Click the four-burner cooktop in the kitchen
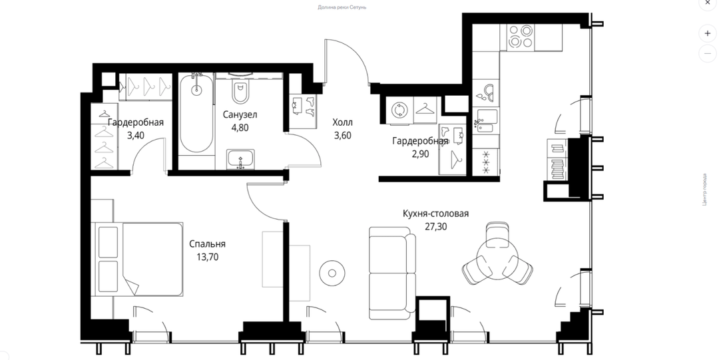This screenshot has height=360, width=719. [521, 36]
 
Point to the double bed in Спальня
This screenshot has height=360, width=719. [139, 259]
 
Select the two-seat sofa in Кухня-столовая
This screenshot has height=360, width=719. [393, 273]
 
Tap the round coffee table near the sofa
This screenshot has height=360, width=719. [332, 273]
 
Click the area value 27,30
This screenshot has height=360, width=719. [435, 226]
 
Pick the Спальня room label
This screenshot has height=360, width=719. [207, 244]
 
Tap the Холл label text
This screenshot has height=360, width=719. [343, 122]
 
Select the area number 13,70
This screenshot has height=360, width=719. [207, 258]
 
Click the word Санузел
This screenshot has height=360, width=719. [240, 114]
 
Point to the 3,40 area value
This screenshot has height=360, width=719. [136, 136]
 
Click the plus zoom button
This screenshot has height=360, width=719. [708, 33]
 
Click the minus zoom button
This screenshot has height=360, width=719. [708, 54]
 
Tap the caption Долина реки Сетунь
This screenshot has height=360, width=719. [342, 7]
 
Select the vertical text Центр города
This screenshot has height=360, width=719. [705, 189]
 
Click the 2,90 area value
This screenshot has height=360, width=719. [421, 154]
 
